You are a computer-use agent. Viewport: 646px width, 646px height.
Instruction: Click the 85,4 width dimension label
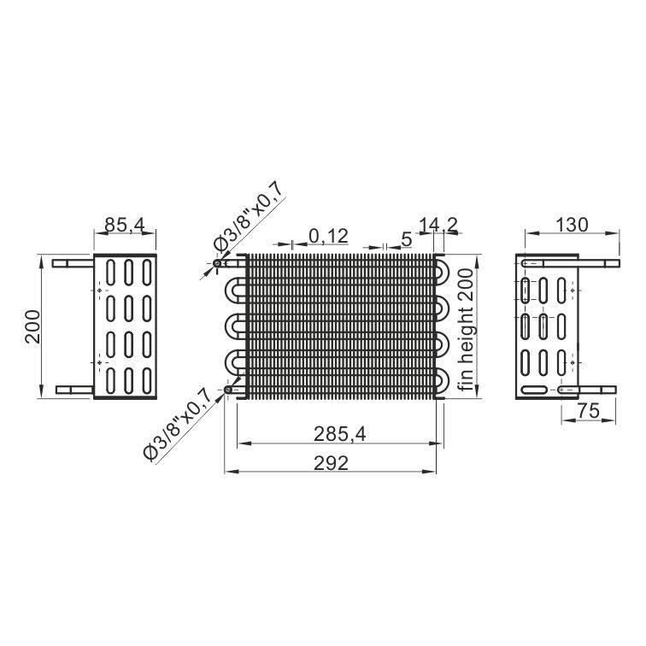point(125,225)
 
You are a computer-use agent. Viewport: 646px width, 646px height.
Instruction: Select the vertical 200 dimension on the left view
point(33,326)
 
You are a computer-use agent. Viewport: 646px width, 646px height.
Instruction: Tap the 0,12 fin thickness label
point(328,236)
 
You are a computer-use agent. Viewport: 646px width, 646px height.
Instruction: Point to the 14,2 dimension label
point(438,225)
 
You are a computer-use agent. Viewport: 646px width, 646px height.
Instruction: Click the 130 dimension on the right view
point(573,225)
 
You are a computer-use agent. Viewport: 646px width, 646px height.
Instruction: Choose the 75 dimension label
point(588,411)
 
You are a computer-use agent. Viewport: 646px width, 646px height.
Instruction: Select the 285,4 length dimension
point(339,434)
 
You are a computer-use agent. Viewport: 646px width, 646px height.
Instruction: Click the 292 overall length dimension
point(332,463)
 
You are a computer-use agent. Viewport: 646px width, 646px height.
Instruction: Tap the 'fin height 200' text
point(467,330)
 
